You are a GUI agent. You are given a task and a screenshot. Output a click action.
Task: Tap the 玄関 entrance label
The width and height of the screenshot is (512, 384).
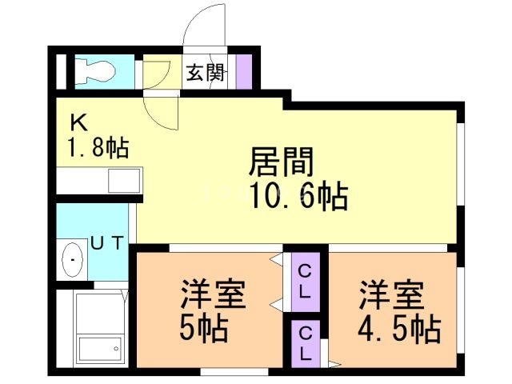(x=205, y=73)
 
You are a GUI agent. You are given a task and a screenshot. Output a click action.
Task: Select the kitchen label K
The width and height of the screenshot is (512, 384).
(x=78, y=122)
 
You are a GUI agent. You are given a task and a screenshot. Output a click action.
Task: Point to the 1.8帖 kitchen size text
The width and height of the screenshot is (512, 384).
(x=98, y=148)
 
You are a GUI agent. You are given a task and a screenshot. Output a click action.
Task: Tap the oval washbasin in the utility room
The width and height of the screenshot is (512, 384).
(x=73, y=259)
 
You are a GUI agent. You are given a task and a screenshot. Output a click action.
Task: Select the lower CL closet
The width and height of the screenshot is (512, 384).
(x=304, y=342)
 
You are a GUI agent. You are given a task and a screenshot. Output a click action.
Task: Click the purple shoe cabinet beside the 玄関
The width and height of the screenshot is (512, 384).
(x=243, y=70)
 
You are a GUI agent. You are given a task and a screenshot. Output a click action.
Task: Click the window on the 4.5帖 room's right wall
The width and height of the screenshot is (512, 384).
(x=462, y=308)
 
